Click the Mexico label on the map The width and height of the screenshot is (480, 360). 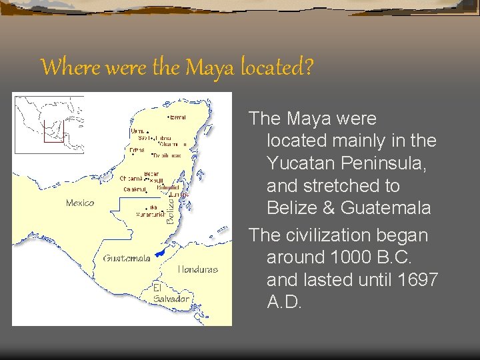(x=80, y=203)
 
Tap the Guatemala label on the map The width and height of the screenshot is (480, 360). (x=127, y=258)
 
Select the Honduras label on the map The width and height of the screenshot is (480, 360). (x=197, y=269)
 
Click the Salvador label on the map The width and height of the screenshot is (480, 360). (x=171, y=299)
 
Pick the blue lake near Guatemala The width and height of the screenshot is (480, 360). (x=159, y=253)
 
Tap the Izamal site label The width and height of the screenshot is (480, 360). (x=177, y=117)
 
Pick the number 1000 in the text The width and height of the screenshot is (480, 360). (x=344, y=258)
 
